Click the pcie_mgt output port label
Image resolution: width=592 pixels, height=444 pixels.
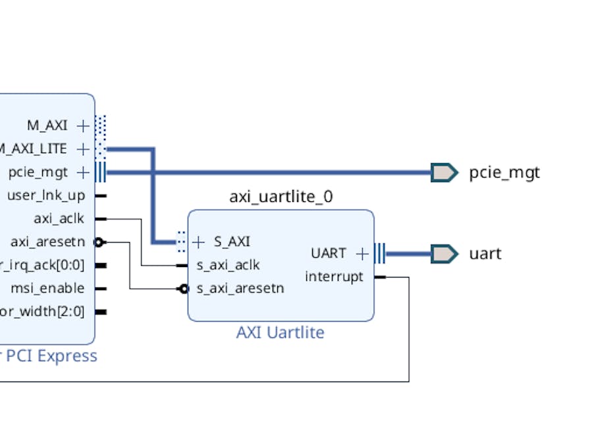pyautogui.click(x=504, y=173)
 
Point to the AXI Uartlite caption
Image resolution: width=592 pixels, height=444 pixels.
pyautogui.click(x=280, y=332)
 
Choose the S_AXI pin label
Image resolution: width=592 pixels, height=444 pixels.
pyautogui.click(x=232, y=242)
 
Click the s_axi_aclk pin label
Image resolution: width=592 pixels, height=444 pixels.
pyautogui.click(x=228, y=265)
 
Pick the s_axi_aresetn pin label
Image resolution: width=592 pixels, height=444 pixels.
pyautogui.click(x=240, y=288)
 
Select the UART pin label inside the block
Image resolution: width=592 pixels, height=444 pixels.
pyautogui.click(x=328, y=253)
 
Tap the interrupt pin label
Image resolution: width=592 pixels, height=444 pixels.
pyautogui.click(x=334, y=277)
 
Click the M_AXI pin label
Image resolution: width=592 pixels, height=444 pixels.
pyautogui.click(x=47, y=125)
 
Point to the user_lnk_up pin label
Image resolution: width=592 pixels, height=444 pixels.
pyautogui.click(x=46, y=195)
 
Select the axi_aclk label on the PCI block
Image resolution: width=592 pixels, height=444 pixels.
pyautogui.click(x=59, y=218)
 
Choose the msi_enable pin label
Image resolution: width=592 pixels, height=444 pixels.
pyautogui.click(x=47, y=288)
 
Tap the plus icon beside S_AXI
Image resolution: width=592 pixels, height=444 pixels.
pyautogui.click(x=199, y=242)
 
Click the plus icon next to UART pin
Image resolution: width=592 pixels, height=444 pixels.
pyautogui.click(x=362, y=253)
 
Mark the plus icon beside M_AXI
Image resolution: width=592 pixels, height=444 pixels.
pyautogui.click(x=83, y=125)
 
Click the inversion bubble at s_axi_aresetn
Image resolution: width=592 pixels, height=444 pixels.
pyautogui.click(x=184, y=288)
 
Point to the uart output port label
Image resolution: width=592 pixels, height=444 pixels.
pyautogui.click(x=485, y=253)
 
